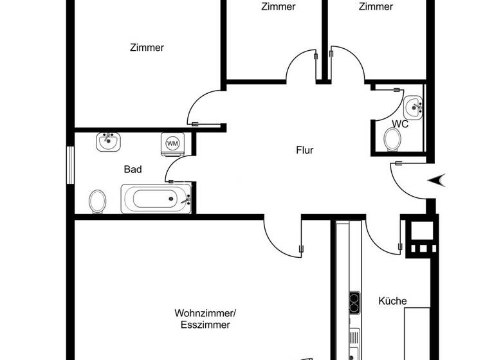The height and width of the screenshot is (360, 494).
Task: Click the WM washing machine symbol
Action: (172, 143)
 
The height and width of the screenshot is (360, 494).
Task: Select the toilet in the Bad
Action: (98, 201)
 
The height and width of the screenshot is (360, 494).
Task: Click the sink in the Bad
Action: (109, 141)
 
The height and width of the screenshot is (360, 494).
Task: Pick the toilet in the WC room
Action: (391, 138)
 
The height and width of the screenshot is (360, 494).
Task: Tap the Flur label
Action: (304, 150)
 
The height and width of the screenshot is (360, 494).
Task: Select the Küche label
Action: (392, 301)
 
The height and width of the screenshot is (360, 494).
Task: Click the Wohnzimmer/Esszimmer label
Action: (205, 319)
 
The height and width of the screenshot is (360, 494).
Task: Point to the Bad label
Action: (133, 170)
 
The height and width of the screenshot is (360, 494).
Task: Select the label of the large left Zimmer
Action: (147, 48)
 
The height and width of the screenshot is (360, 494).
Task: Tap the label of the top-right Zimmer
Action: (376, 7)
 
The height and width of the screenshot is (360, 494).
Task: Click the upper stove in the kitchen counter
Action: (354, 300)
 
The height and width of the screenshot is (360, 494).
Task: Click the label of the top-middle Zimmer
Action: (279, 7)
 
